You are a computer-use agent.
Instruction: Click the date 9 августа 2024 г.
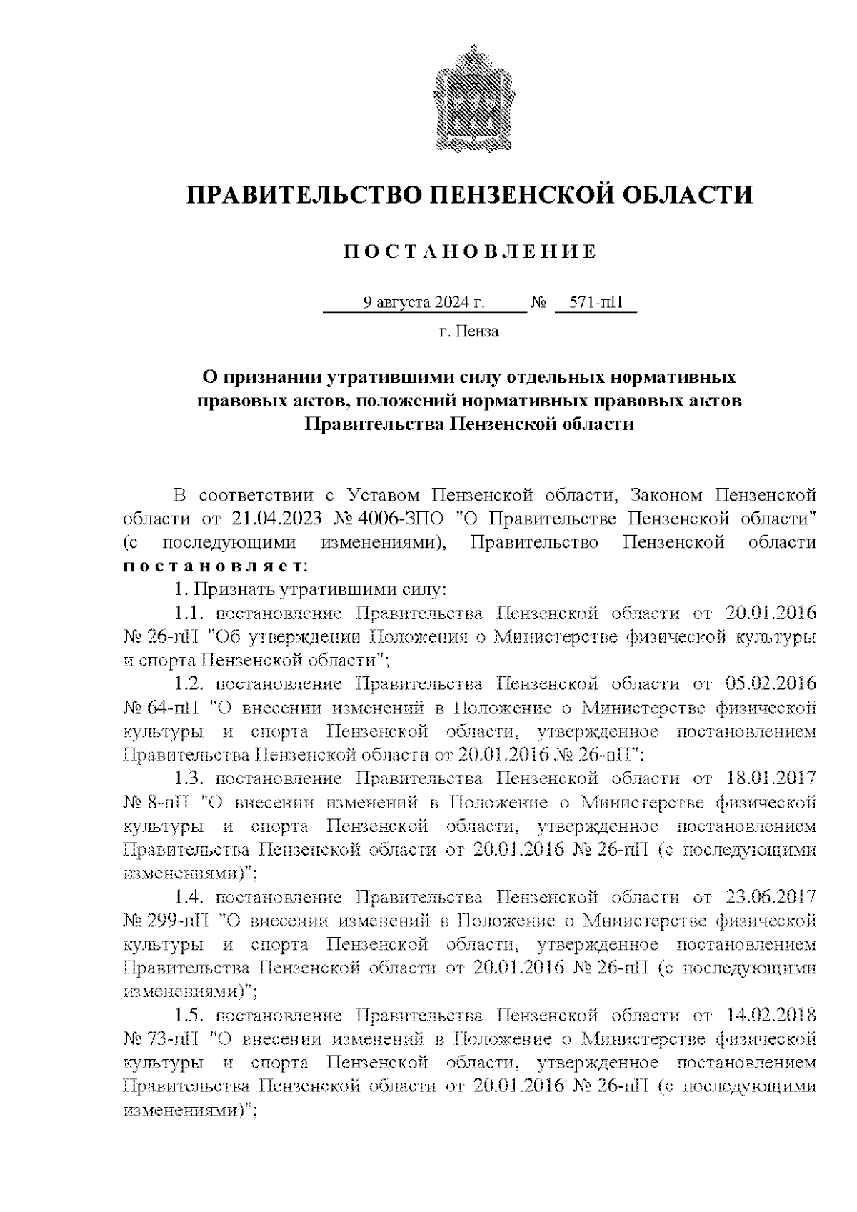[424, 303]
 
